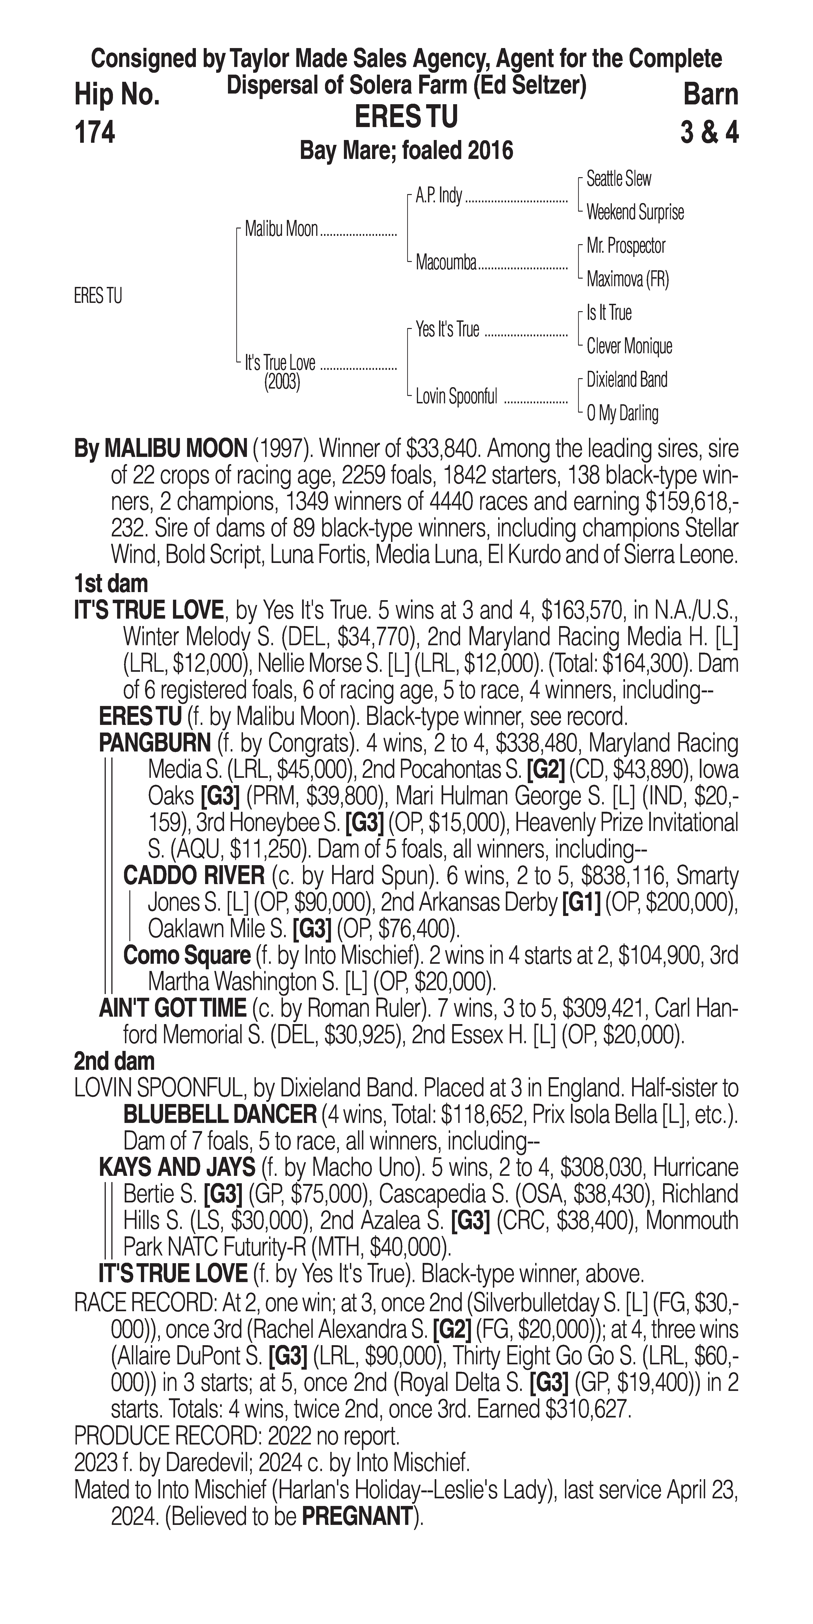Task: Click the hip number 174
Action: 94,132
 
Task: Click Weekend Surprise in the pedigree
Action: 635,213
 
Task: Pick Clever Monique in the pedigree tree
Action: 629,346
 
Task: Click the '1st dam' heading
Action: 111,583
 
